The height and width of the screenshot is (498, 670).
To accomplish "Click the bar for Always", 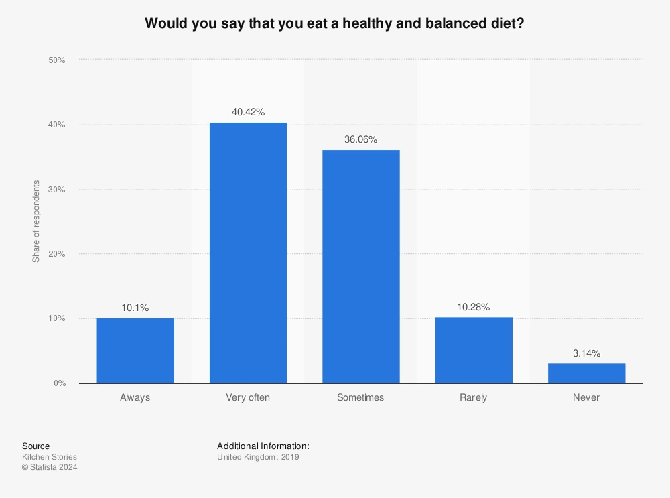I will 135,351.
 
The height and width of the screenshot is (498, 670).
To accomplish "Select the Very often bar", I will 248,253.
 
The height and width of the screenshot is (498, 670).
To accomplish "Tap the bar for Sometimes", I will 360,267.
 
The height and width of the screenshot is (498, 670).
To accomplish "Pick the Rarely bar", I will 474,350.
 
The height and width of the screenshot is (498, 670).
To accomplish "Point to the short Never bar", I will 586,373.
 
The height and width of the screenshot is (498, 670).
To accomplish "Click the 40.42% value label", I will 248,112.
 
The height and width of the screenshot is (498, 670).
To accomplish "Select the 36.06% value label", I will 360,139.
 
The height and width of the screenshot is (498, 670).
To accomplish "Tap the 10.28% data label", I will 474,307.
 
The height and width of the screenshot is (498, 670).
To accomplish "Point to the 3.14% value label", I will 586,353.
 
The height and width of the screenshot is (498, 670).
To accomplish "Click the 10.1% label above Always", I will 135,308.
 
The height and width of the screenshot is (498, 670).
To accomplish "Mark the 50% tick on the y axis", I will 56,60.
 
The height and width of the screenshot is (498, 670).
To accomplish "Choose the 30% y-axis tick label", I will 56,190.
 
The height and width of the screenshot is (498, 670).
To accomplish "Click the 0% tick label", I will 59,383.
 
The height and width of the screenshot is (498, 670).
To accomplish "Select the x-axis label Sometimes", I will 360,397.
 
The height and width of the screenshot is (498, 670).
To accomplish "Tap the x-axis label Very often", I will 248,397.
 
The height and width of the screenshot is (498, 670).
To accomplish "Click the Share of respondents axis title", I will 36,221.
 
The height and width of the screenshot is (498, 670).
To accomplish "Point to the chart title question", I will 334,23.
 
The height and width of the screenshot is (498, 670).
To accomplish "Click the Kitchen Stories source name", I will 50,457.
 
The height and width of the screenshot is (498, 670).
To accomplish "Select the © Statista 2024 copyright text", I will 50,468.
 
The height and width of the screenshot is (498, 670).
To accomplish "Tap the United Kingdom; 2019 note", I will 258,457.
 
